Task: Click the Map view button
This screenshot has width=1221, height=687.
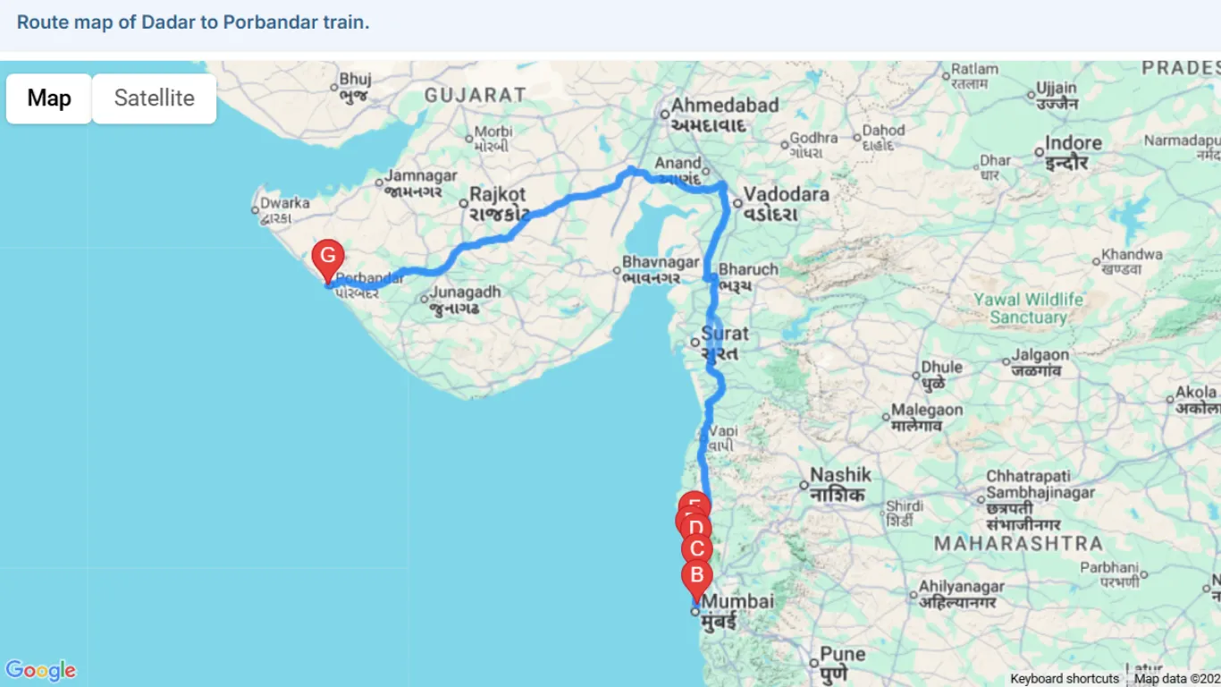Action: pyautogui.click(x=49, y=98)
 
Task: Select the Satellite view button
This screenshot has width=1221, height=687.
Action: pyautogui.click(x=154, y=98)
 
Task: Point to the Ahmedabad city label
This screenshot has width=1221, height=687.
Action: pyautogui.click(x=725, y=106)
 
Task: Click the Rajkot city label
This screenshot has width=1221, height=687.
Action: pyautogui.click(x=498, y=194)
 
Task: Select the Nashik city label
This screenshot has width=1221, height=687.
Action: pyautogui.click(x=840, y=475)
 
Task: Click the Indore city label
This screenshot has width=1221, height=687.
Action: pyautogui.click(x=1074, y=143)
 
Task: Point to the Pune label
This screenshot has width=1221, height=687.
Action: pyautogui.click(x=843, y=654)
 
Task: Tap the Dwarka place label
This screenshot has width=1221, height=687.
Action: pyautogui.click(x=284, y=203)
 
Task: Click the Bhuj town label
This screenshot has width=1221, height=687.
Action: pyautogui.click(x=355, y=78)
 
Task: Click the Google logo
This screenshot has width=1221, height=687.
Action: pyautogui.click(x=40, y=670)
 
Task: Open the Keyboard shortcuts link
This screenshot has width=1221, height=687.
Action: pyautogui.click(x=1065, y=679)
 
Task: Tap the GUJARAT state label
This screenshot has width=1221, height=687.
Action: pyautogui.click(x=476, y=95)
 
